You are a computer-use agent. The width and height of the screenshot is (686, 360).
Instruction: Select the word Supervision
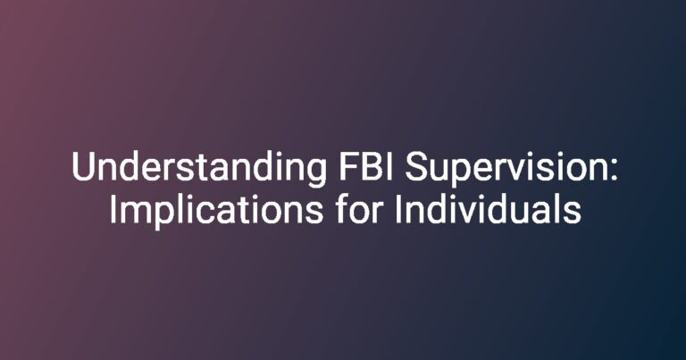[506, 170]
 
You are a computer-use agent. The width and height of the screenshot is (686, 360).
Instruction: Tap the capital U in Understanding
[84, 167]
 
